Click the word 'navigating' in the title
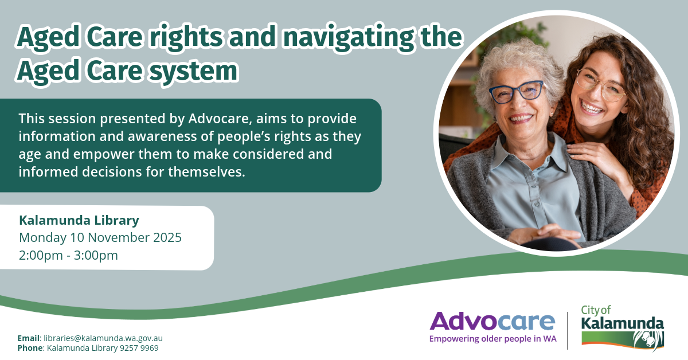(x=348, y=38)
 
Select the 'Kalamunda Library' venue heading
(x=79, y=220)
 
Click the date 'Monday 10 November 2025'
(x=100, y=237)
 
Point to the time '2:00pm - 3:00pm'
(x=68, y=255)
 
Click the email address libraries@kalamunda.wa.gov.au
(x=103, y=338)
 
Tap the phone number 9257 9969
(x=139, y=348)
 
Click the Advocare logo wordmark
(x=492, y=321)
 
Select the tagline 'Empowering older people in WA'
(x=492, y=339)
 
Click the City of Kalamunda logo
(x=622, y=327)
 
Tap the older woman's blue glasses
(x=517, y=92)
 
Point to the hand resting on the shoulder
(x=593, y=158)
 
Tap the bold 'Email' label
(x=29, y=338)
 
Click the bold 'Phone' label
(x=30, y=348)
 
